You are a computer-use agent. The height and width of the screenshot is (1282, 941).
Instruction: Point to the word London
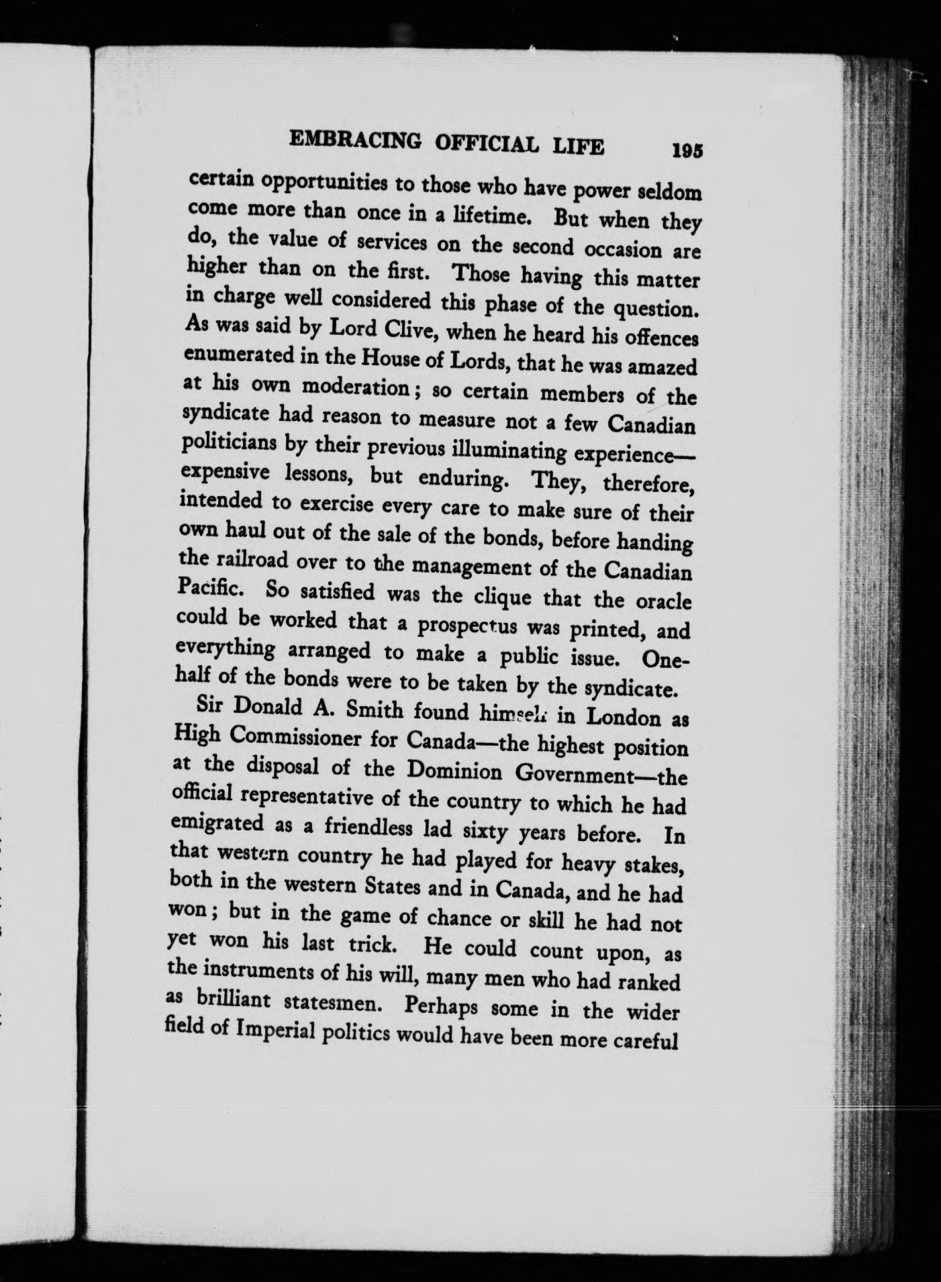pos(620,716)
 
